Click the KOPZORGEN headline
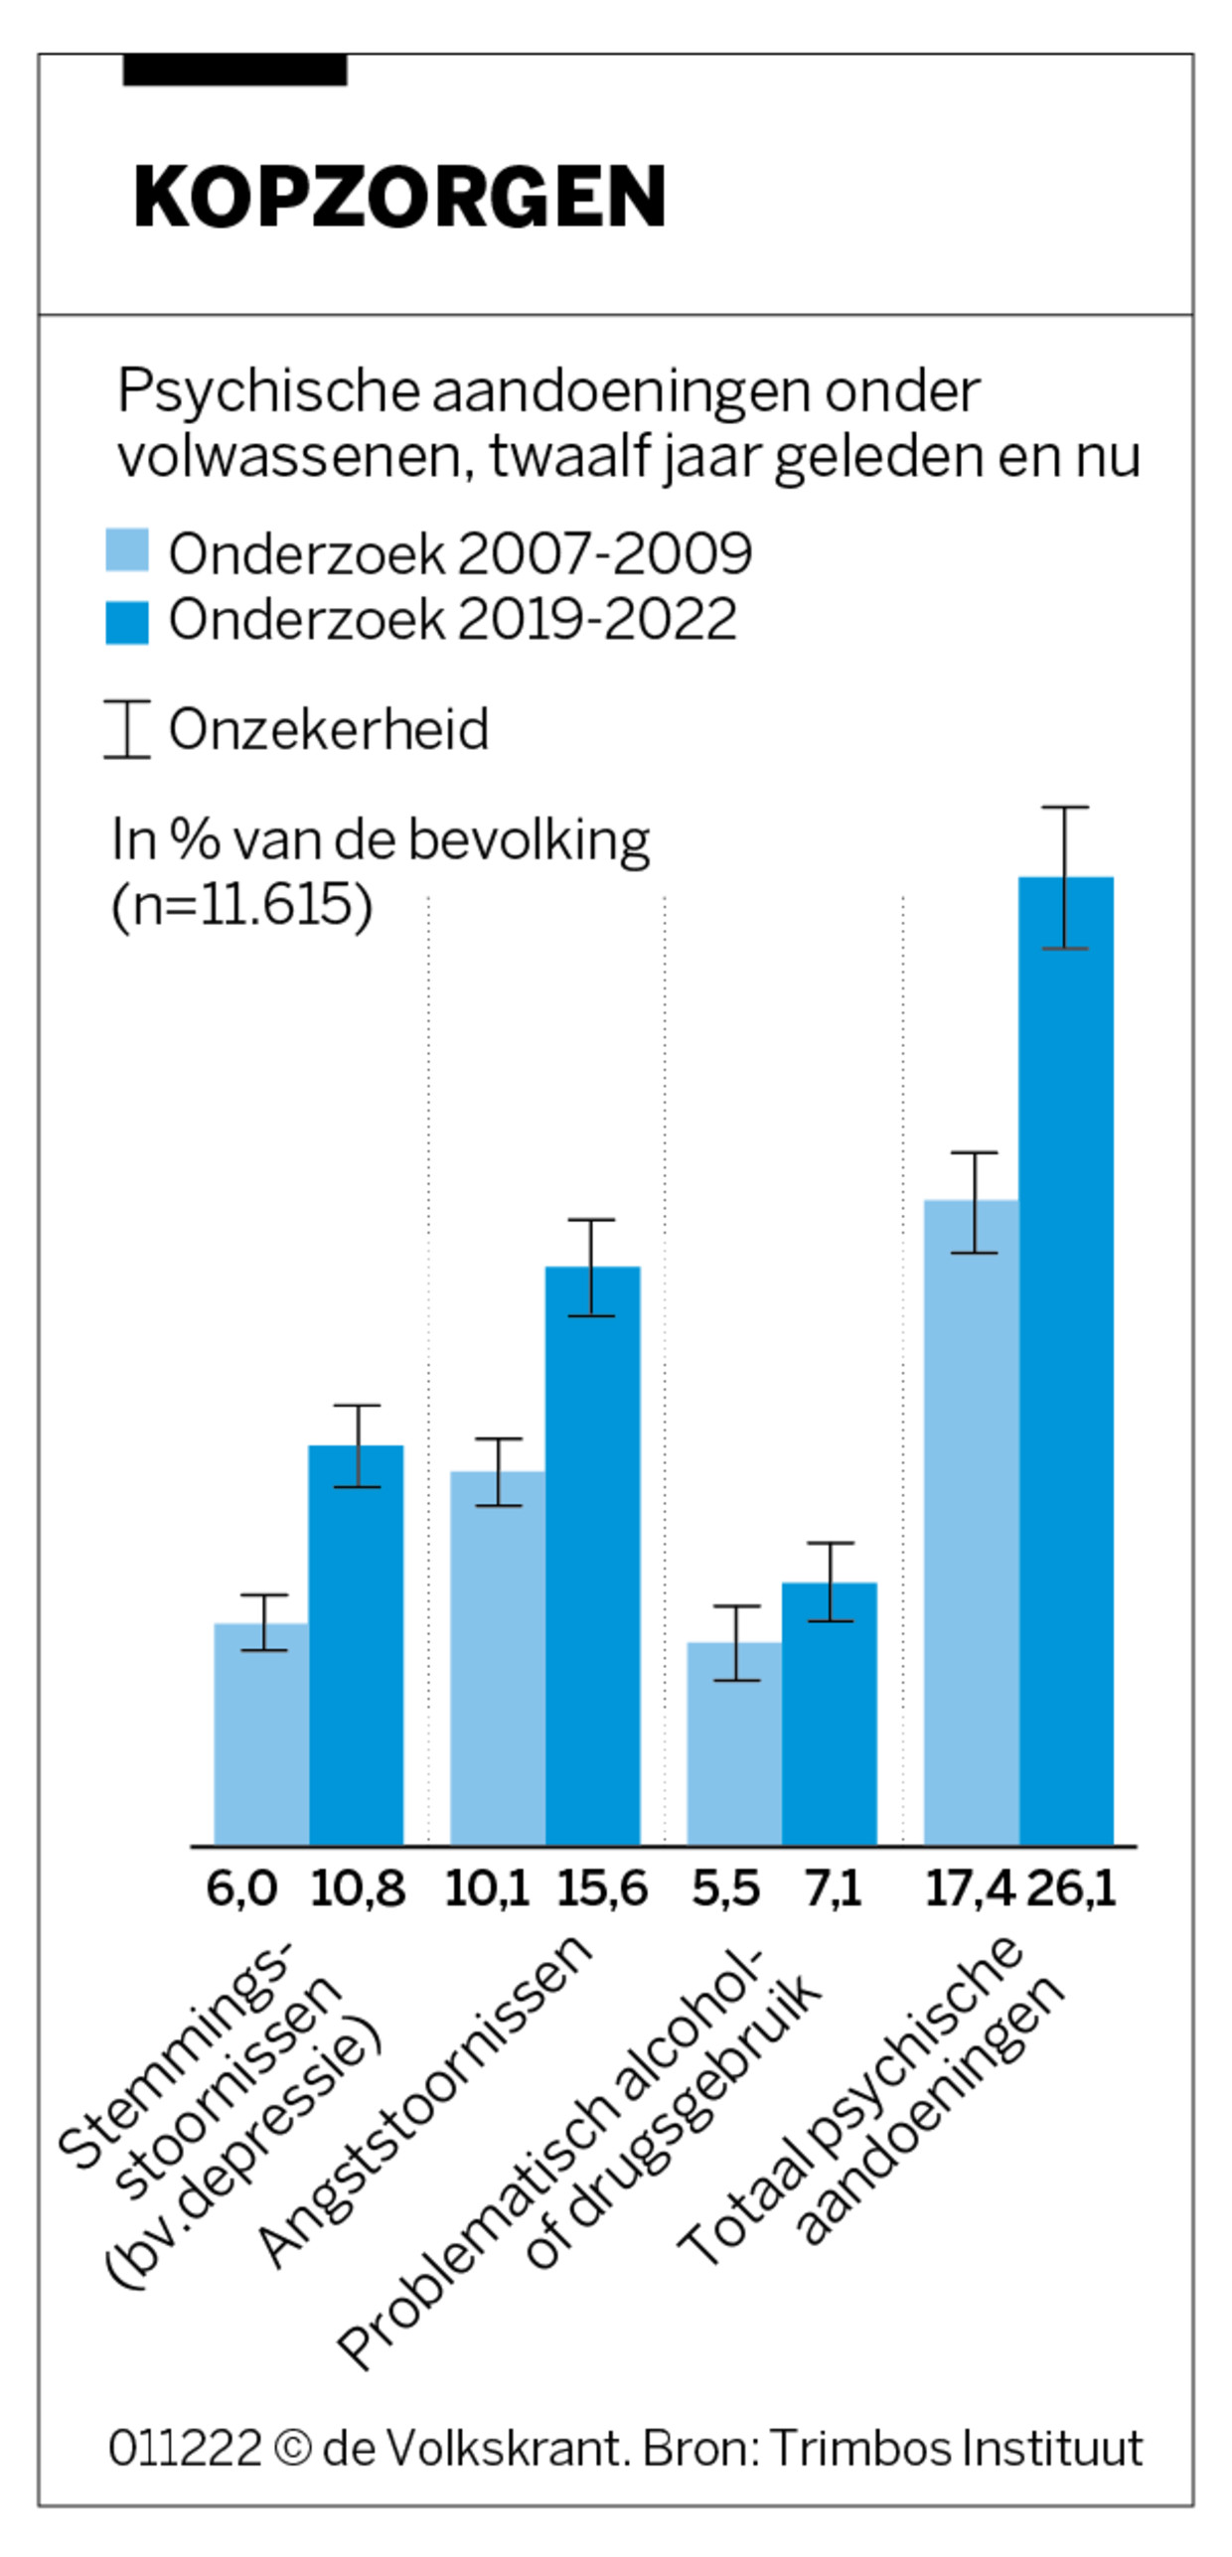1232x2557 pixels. click(x=399, y=197)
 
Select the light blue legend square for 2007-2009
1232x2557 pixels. click(x=127, y=549)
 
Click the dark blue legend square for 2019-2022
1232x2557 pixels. click(x=127, y=622)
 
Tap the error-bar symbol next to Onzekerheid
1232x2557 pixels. click(x=127, y=728)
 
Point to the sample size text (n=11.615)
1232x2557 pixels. click(x=241, y=904)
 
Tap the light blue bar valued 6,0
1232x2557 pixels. click(x=260, y=1733)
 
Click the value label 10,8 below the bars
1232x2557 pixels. click(x=358, y=1888)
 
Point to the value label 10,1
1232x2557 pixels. click(x=487, y=1888)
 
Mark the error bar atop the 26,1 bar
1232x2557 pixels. click(x=1065, y=877)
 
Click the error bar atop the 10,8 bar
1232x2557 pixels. click(x=357, y=1445)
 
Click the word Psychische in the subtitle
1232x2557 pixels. click(x=268, y=390)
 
